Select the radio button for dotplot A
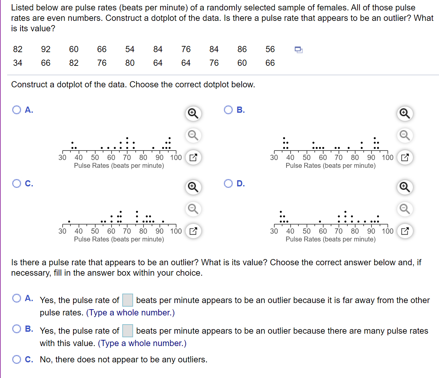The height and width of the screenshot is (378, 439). [x=17, y=110]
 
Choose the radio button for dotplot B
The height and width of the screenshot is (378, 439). [x=228, y=110]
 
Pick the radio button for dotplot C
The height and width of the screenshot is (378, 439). [x=17, y=183]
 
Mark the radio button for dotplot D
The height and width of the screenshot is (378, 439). [x=228, y=183]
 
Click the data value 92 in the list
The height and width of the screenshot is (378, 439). [x=46, y=49]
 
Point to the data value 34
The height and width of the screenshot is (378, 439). [x=18, y=63]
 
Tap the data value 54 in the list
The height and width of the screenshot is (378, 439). [x=130, y=49]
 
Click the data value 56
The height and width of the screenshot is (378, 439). [x=270, y=49]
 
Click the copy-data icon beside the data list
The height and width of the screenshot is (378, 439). [x=298, y=50]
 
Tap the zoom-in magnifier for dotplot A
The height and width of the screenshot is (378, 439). [x=193, y=113]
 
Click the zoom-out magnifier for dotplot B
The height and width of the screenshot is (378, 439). [x=405, y=135]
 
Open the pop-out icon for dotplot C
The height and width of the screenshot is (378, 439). [x=193, y=231]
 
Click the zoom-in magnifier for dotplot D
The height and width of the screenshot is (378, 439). [x=405, y=187]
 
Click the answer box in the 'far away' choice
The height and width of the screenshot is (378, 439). [x=128, y=300]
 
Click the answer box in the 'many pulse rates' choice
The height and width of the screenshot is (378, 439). [x=128, y=331]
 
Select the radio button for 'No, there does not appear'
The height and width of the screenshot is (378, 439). [x=17, y=359]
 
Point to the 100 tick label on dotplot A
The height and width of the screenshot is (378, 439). [x=176, y=158]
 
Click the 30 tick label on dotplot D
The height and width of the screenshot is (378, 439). [x=274, y=231]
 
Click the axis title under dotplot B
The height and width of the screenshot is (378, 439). [x=330, y=166]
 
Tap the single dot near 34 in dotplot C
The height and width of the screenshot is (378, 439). [x=69, y=222]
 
